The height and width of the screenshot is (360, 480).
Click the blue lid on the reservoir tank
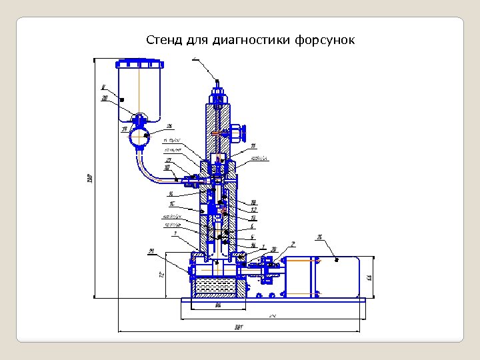click(x=139, y=64)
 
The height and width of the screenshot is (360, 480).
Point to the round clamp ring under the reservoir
click(x=140, y=139)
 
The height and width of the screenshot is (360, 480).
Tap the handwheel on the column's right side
click(x=243, y=133)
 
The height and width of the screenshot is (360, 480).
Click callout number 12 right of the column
click(x=254, y=210)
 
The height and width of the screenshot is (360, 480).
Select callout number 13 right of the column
click(x=253, y=218)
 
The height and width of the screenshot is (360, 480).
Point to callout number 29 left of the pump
click(x=151, y=251)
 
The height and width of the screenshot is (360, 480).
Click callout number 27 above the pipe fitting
click(x=169, y=160)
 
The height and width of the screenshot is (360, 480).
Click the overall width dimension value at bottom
click(x=239, y=327)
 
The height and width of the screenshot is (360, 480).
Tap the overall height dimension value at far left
click(x=89, y=179)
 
